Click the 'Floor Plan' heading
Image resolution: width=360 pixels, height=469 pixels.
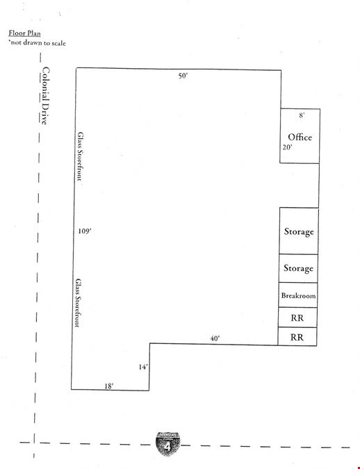24,33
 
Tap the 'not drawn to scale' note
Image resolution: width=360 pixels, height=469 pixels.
37,43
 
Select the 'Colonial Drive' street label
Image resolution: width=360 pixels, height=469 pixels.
45,96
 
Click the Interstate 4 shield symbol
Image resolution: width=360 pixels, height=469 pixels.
168,444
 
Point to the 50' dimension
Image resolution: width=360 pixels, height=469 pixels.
183,76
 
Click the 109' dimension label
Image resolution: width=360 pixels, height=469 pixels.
85,231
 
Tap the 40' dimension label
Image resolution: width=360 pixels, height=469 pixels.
215,338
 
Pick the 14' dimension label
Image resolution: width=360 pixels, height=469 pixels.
143,367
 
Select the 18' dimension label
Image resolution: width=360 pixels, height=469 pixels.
108,386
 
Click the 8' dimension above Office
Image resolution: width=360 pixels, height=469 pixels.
302,115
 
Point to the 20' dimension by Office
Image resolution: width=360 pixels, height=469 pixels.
287,147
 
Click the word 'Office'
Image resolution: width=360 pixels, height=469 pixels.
300,137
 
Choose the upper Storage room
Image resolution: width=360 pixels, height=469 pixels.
299,231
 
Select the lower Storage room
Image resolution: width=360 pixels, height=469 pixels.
298,268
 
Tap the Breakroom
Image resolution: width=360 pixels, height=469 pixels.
298,295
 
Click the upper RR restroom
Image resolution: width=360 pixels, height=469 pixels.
297,318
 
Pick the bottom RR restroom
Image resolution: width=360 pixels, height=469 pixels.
297,336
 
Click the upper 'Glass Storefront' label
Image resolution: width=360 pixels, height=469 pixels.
80,156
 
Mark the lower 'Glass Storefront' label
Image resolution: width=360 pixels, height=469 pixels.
78,303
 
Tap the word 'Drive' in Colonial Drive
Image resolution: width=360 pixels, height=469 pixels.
45,113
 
